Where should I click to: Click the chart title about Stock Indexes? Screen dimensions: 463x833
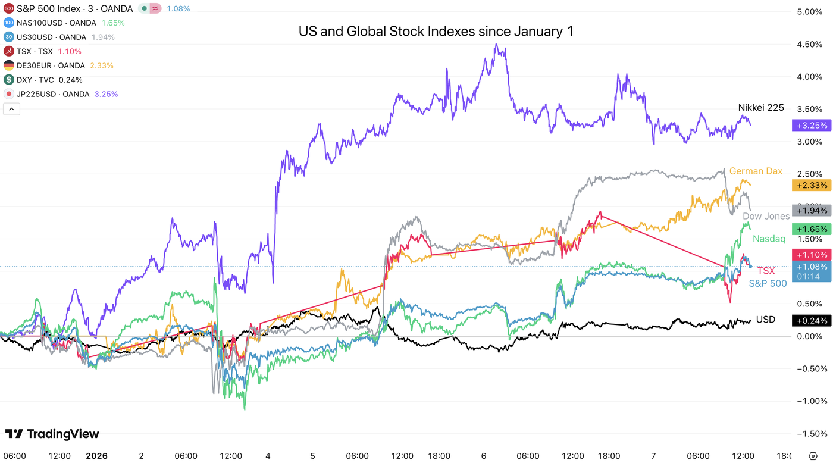pyautogui.click(x=436, y=32)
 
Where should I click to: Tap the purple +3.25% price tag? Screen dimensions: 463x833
pyautogui.click(x=810, y=126)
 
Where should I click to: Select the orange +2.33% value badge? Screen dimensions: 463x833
pyautogui.click(x=810, y=186)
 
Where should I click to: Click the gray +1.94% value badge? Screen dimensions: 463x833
pyautogui.click(x=810, y=211)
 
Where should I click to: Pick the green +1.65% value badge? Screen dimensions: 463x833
pyautogui.click(x=810, y=229)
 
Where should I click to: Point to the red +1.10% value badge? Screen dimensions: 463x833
pyautogui.click(x=810, y=254)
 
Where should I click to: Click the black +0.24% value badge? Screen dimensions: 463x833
pyautogui.click(x=810, y=321)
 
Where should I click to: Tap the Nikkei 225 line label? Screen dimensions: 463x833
pyautogui.click(x=761, y=108)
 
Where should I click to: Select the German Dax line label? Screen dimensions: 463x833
pyautogui.click(x=756, y=171)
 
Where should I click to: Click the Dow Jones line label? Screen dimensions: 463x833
pyautogui.click(x=766, y=216)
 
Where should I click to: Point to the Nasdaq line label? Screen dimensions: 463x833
pyautogui.click(x=769, y=239)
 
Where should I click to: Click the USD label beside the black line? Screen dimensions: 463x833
pyautogui.click(x=765, y=320)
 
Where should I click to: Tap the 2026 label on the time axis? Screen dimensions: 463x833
pyautogui.click(x=96, y=456)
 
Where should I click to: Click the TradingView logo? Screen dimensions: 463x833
pyautogui.click(x=52, y=434)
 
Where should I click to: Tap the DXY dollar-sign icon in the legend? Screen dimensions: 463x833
pyautogui.click(x=9, y=80)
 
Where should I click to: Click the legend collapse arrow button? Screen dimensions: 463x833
pyautogui.click(x=11, y=109)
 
